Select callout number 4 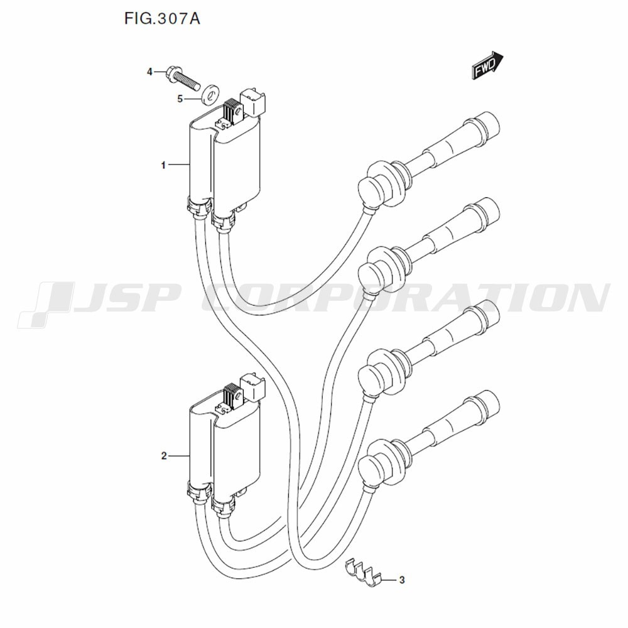click(149, 72)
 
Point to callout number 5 click(180, 99)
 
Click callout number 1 click(163, 165)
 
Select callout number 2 click(163, 456)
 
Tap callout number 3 click(402, 580)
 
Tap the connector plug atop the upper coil click(255, 103)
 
